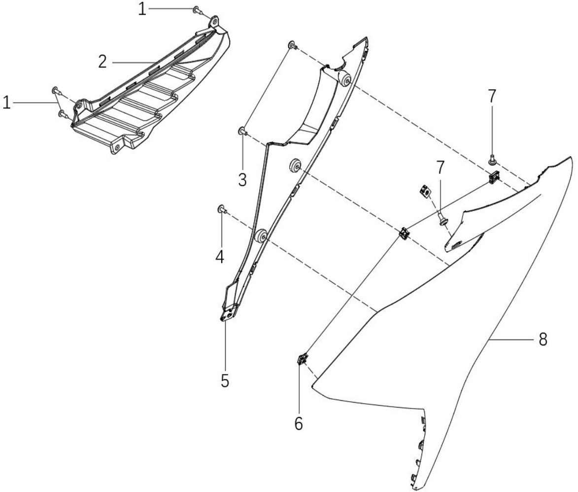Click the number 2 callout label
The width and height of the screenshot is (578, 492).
tap(102, 62)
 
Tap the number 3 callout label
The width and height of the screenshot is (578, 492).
tap(242, 180)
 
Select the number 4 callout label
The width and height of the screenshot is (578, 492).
tap(220, 257)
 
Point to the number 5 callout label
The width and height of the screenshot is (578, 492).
tap(225, 381)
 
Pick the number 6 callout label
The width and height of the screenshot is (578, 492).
tap(299, 424)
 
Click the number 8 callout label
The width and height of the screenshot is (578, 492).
tap(543, 340)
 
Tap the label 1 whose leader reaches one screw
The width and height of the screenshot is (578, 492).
tap(142, 9)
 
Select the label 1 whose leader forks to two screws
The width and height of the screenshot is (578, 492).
tap(6, 103)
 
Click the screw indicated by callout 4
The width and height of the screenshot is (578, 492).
tap(222, 209)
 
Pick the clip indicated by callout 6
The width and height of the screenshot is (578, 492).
tap(302, 359)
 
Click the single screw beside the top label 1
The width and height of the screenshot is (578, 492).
tap(197, 10)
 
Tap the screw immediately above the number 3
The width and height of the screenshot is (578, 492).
tap(242, 131)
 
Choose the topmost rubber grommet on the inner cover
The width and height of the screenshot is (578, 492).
tap(344, 78)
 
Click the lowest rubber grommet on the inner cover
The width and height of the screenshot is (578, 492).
tap(262, 236)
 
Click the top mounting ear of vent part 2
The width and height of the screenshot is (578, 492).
tap(214, 21)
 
